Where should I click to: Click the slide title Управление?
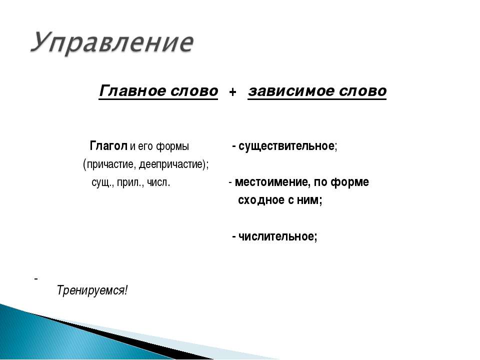(x=111, y=43)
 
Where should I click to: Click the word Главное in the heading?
(x=132, y=91)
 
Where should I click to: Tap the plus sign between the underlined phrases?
(x=232, y=92)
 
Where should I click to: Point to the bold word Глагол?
(x=108, y=146)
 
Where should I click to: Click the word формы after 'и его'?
(x=172, y=146)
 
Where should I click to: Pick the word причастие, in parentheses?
(x=111, y=164)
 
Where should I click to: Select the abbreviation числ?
(x=158, y=182)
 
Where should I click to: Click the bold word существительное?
(x=286, y=146)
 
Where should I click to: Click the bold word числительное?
(x=276, y=236)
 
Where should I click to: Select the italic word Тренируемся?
(x=92, y=290)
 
